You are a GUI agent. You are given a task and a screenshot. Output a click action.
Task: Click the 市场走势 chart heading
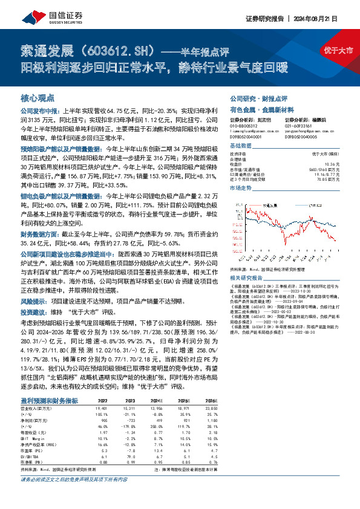[240, 189]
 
